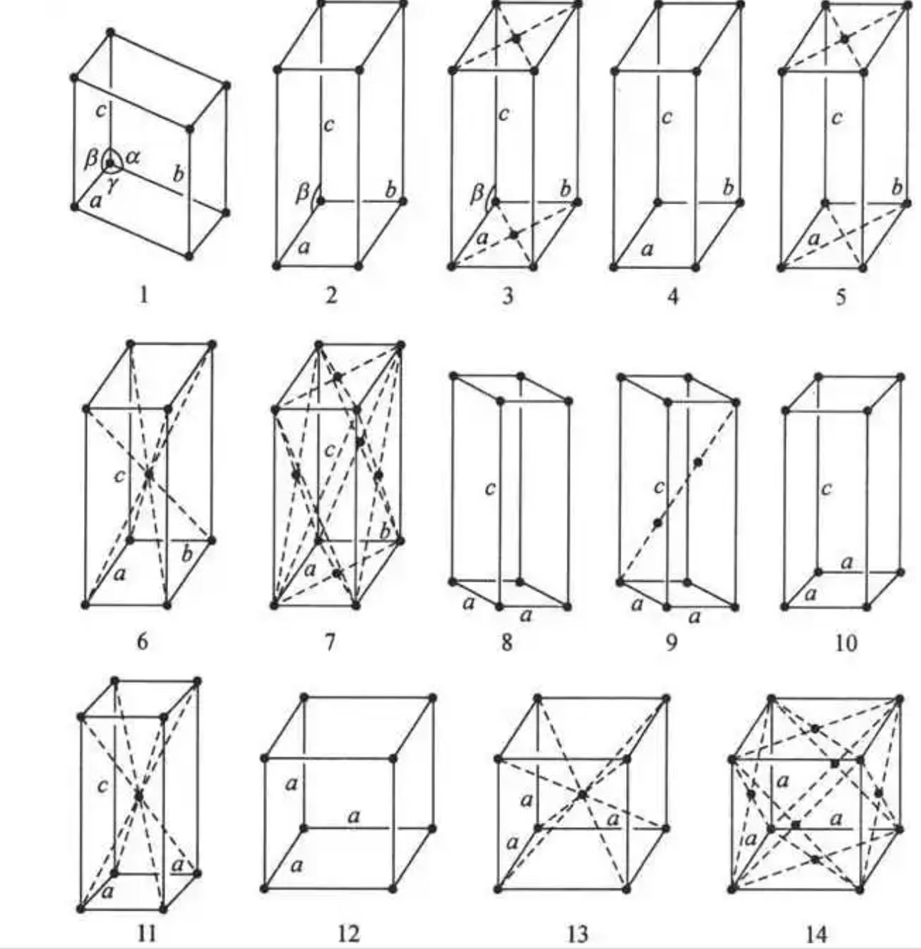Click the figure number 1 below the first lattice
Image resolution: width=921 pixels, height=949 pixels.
click(x=143, y=294)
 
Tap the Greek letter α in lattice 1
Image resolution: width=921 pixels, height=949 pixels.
click(x=133, y=157)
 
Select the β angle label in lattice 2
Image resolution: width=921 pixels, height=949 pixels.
click(x=303, y=192)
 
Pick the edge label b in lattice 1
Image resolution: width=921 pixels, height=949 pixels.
click(x=179, y=173)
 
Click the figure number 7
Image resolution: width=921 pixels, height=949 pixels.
click(x=329, y=642)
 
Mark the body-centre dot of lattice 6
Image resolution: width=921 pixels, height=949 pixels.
click(x=148, y=473)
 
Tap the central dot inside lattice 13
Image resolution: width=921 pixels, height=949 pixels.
click(x=583, y=795)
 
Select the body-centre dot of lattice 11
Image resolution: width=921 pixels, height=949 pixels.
click(x=139, y=793)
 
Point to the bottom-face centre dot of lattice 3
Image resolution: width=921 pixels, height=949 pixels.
click(x=513, y=234)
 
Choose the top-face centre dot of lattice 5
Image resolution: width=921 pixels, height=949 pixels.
click(x=844, y=38)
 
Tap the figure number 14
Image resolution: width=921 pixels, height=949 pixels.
click(x=816, y=933)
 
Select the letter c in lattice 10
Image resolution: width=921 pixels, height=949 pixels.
click(x=826, y=490)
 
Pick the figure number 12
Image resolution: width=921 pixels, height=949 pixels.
click(x=348, y=933)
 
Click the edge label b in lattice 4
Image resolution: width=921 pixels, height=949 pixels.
click(x=727, y=188)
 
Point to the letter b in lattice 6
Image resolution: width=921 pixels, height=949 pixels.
click(x=187, y=554)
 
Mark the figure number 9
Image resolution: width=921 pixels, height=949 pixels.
click(x=672, y=642)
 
